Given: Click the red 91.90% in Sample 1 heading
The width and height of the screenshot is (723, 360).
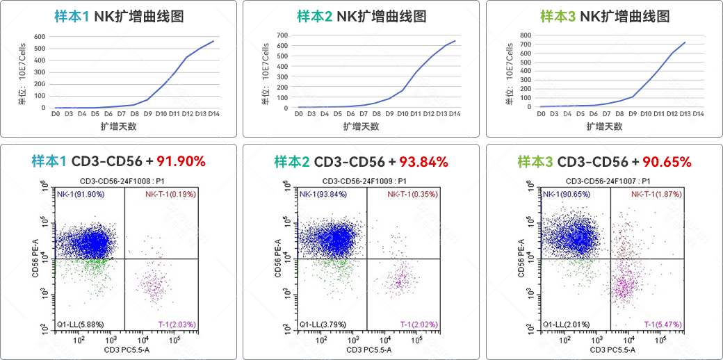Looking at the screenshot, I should (181, 162).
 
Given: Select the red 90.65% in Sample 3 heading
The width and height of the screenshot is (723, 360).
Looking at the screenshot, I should (666, 162).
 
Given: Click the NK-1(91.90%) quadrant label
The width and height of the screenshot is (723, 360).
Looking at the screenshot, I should (81, 195).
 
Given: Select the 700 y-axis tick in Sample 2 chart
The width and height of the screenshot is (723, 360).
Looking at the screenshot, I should (282, 35).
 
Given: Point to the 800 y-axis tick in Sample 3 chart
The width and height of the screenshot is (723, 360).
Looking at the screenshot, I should (526, 34).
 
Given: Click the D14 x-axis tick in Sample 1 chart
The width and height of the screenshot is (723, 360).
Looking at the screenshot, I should (213, 113).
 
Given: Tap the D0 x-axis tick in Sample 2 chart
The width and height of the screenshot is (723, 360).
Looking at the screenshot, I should (299, 113).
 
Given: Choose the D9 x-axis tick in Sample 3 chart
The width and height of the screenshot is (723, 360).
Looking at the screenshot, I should (633, 113).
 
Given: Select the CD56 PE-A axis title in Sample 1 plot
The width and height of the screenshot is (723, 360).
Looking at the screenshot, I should (34, 259).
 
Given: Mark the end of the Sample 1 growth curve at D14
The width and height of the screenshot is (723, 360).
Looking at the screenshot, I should (213, 41).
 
